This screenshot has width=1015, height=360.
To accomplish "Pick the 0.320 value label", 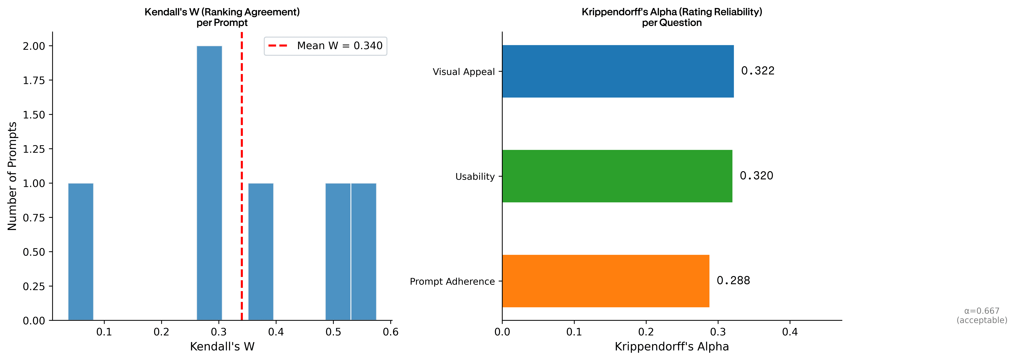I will click(756, 176).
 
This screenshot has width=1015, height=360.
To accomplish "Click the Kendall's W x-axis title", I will click(222, 347).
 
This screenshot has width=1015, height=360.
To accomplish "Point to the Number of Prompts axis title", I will click(12, 176).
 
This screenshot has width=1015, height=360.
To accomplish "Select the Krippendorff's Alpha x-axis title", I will click(671, 347).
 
